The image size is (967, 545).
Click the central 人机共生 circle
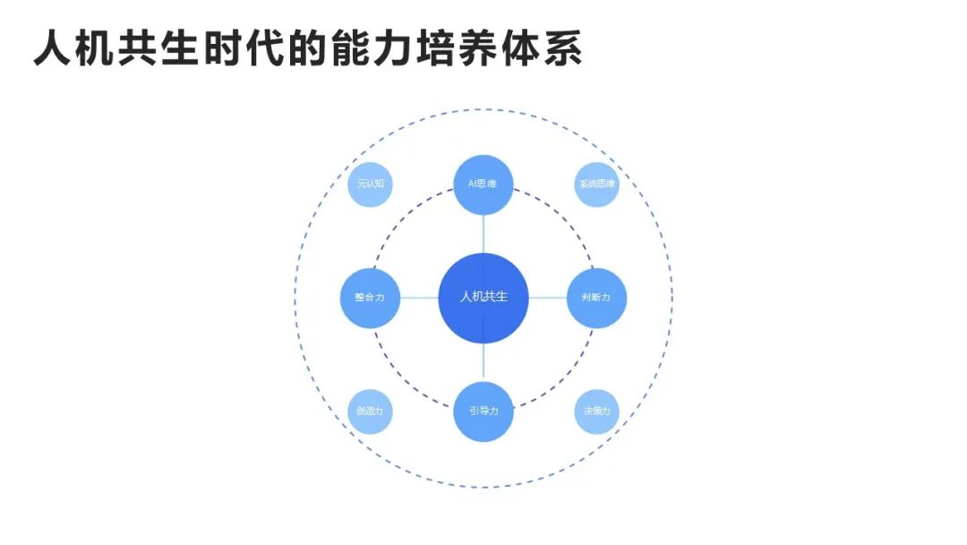(x=483, y=298)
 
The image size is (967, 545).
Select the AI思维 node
(x=483, y=184)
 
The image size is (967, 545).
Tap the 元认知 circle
(x=370, y=184)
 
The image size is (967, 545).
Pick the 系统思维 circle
(x=597, y=184)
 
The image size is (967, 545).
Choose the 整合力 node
(x=370, y=298)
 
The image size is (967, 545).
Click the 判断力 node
(x=597, y=298)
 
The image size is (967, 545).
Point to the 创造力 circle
(x=370, y=411)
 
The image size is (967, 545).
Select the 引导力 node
(x=483, y=411)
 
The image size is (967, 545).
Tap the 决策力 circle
(x=597, y=411)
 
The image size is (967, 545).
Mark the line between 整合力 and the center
(x=418, y=298)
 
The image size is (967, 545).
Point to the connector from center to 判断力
(x=548, y=298)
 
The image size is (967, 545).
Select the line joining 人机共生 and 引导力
(x=483, y=362)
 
